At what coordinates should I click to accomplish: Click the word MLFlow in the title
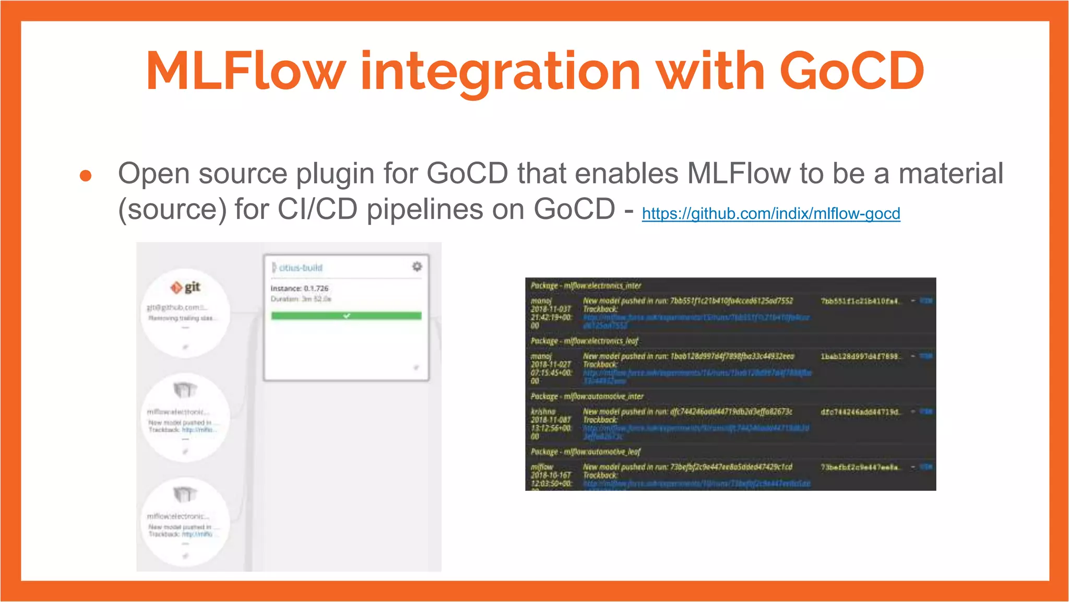pyautogui.click(x=245, y=71)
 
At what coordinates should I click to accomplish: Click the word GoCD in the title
pyautogui.click(x=851, y=71)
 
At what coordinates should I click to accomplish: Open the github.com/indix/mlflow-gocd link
pyautogui.click(x=770, y=213)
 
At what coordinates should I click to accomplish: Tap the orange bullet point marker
pyautogui.click(x=86, y=176)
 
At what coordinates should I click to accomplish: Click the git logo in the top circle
pyautogui.click(x=186, y=287)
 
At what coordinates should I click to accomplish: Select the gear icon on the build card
pyautogui.click(x=417, y=267)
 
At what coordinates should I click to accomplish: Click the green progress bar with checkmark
pyautogui.click(x=346, y=316)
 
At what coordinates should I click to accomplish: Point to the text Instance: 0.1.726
pyautogui.click(x=299, y=288)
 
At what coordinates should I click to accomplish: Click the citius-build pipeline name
pyautogui.click(x=301, y=268)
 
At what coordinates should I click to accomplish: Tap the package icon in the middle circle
pyautogui.click(x=185, y=389)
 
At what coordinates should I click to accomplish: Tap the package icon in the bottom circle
pyautogui.click(x=185, y=494)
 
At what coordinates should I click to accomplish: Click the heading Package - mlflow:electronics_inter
pyautogui.click(x=586, y=286)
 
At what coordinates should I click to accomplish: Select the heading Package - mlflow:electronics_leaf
pyautogui.click(x=585, y=341)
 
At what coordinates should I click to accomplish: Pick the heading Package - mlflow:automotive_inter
pyautogui.click(x=587, y=397)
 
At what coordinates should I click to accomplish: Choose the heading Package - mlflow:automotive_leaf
pyautogui.click(x=585, y=452)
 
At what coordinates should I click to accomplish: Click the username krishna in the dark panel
pyautogui.click(x=543, y=412)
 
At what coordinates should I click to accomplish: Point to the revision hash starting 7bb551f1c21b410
pyautogui.click(x=860, y=301)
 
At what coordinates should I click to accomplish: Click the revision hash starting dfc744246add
pyautogui.click(x=860, y=412)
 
